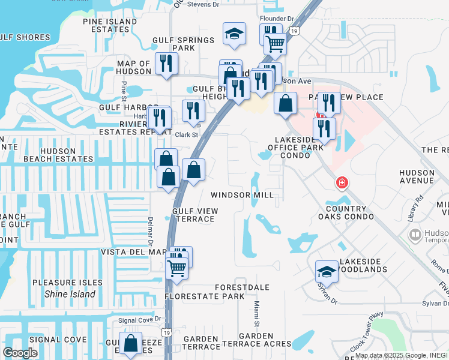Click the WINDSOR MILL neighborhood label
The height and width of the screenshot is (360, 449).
pyautogui.click(x=242, y=195)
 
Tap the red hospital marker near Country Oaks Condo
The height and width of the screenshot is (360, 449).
pyautogui.click(x=342, y=182)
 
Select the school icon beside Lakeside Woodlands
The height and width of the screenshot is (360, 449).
pyautogui.click(x=327, y=272)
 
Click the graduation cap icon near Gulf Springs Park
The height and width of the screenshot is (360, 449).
pyautogui.click(x=234, y=34)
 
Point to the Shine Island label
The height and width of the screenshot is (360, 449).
pyautogui.click(x=70, y=294)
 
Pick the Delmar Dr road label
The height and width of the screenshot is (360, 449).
pyautogui.click(x=151, y=230)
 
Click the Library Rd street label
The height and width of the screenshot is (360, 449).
pyautogui.click(x=416, y=208)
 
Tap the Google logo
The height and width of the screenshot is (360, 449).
pyautogui.click(x=20, y=353)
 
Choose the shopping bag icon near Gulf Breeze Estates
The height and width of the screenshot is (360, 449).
pyautogui.click(x=130, y=344)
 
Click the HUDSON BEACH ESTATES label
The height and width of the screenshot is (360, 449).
pyautogui.click(x=58, y=155)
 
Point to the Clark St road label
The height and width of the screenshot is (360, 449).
pyautogui.click(x=186, y=135)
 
